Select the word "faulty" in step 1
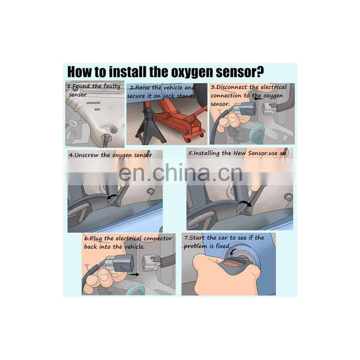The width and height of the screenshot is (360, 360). pyautogui.click(x=109, y=86)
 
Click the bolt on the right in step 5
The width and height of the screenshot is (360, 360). pyautogui.click(x=288, y=196)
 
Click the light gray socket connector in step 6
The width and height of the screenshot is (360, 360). pyautogui.click(x=153, y=263)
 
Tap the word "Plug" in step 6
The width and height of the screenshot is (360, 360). pyautogui.click(x=109, y=239)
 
